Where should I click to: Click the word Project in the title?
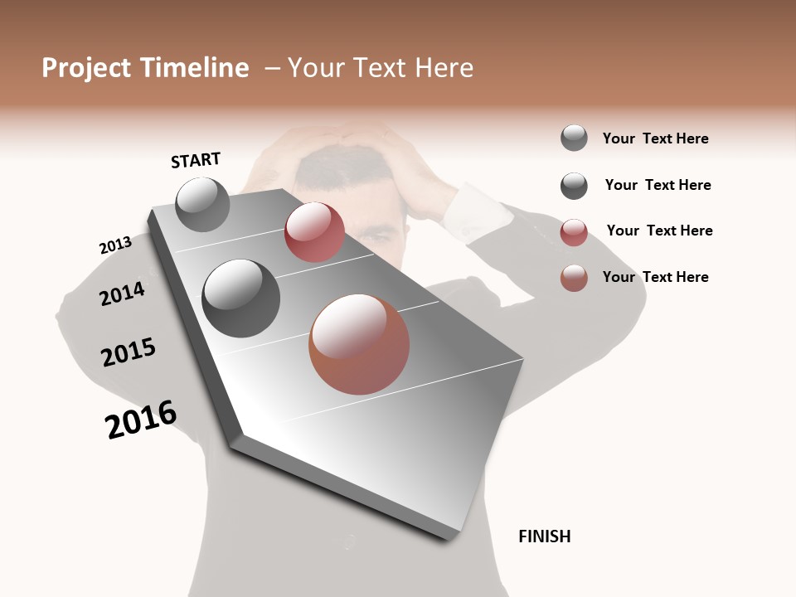(x=84, y=68)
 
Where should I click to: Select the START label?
(x=196, y=159)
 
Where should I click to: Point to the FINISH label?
(x=544, y=536)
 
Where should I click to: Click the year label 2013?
(x=115, y=245)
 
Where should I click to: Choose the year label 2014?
(x=123, y=294)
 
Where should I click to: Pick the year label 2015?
(x=129, y=352)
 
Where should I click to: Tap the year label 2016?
(x=141, y=419)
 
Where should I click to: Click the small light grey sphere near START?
(x=202, y=204)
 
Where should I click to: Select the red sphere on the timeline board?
(x=314, y=232)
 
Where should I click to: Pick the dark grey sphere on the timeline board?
(x=240, y=298)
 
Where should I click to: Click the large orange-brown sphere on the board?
(x=359, y=344)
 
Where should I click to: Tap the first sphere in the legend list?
(x=574, y=138)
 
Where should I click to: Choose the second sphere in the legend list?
(x=574, y=186)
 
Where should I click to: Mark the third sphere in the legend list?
(x=574, y=232)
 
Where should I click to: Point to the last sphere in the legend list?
(x=574, y=278)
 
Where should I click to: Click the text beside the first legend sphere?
(x=655, y=138)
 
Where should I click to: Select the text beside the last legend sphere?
(x=655, y=277)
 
